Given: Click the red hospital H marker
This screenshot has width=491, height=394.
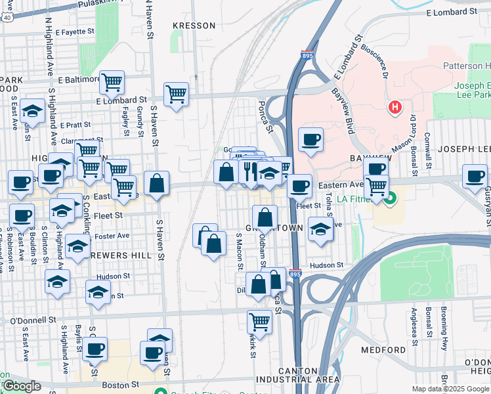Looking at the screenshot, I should (395, 106).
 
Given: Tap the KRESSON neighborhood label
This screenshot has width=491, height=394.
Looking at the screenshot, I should (194, 26).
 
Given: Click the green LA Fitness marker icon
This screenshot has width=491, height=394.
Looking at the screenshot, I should (391, 197).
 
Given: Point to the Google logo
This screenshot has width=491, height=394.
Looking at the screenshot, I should (21, 386).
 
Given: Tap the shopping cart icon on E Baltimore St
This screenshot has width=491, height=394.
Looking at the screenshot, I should (112, 82).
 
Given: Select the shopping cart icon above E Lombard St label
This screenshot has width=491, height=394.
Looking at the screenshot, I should (176, 94).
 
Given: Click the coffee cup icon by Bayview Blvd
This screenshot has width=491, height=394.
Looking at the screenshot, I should (310, 139).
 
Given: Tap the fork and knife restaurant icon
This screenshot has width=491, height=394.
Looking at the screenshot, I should (249, 171).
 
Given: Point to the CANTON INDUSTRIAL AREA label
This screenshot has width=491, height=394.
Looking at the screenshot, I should (289, 375).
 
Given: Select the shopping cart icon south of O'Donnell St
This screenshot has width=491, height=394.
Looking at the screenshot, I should (260, 322).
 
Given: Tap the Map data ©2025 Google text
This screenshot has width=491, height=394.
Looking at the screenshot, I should (450, 389).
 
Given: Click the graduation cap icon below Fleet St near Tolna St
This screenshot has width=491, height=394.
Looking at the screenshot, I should (320, 230).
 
